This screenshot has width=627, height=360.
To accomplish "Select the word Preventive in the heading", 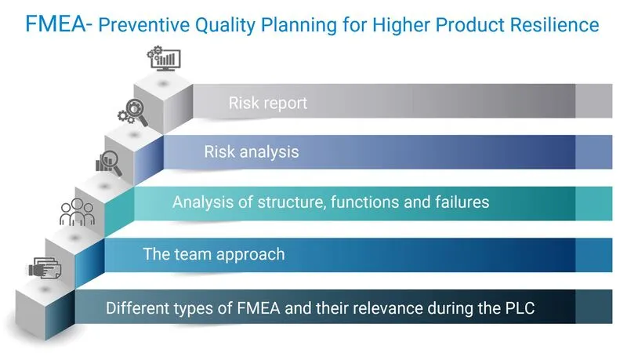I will click(142, 24).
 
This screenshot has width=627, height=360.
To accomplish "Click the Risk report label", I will click(268, 103).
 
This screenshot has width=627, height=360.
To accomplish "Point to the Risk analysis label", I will click(252, 151).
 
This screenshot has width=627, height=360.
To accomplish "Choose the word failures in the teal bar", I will click(457, 202).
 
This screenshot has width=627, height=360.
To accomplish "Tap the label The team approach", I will click(213, 254).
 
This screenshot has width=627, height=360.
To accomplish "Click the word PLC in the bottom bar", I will click(518, 307).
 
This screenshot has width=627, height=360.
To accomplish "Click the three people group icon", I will click(77, 212).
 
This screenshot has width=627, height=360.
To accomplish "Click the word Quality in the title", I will click(216, 24).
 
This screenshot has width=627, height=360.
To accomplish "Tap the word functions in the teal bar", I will click(367, 202).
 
